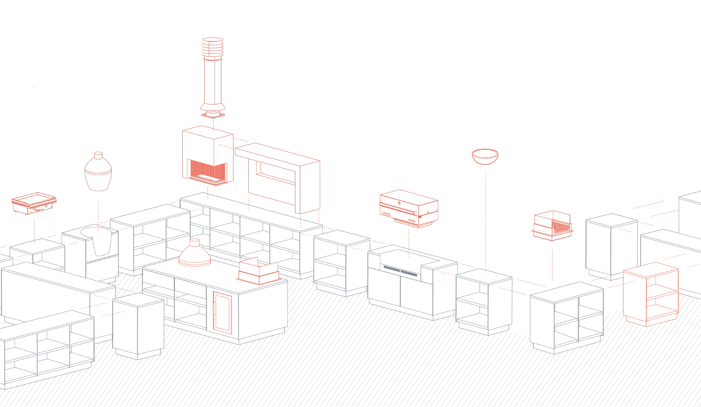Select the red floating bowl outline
pos(485,156)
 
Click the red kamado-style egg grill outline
pos(98,173)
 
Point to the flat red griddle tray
pos(34,203)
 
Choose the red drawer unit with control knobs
pos(409,208)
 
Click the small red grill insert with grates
pos(553,226)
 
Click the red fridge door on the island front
pos(223,312)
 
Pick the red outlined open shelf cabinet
pos(651,294)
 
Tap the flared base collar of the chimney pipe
pos(213,107)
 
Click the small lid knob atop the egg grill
pos(98,154)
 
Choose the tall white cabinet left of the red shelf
pos(611,245)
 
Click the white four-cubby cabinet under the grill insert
pos(566,317)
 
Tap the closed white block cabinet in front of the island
pos(138,326)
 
